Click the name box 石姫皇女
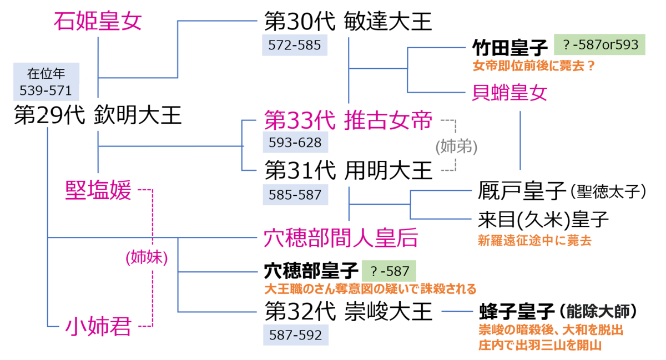pos(98,22)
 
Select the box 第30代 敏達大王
pos(348,22)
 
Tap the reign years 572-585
pos(295,45)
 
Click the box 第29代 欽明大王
pos(98,115)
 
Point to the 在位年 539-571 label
pos(46,82)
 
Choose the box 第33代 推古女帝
pos(348,119)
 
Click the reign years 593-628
pos(295,143)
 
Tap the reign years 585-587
pos(295,195)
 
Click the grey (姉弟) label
pos(457,147)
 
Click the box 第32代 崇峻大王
pos(348,311)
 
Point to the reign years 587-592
pos(295,335)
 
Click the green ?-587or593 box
pos(599,44)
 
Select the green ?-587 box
pos(389,271)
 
